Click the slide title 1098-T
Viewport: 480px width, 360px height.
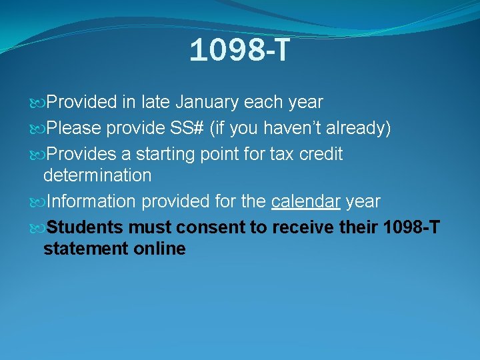pyautogui.click(x=239, y=51)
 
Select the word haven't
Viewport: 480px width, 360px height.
pyautogui.click(x=283, y=129)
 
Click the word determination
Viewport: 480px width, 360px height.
pyautogui.click(x=97, y=176)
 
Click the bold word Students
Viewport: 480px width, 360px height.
pyautogui.click(x=85, y=228)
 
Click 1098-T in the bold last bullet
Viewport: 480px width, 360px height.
pyautogui.click(x=412, y=228)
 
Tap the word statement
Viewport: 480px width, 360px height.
pyautogui.click(x=83, y=249)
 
